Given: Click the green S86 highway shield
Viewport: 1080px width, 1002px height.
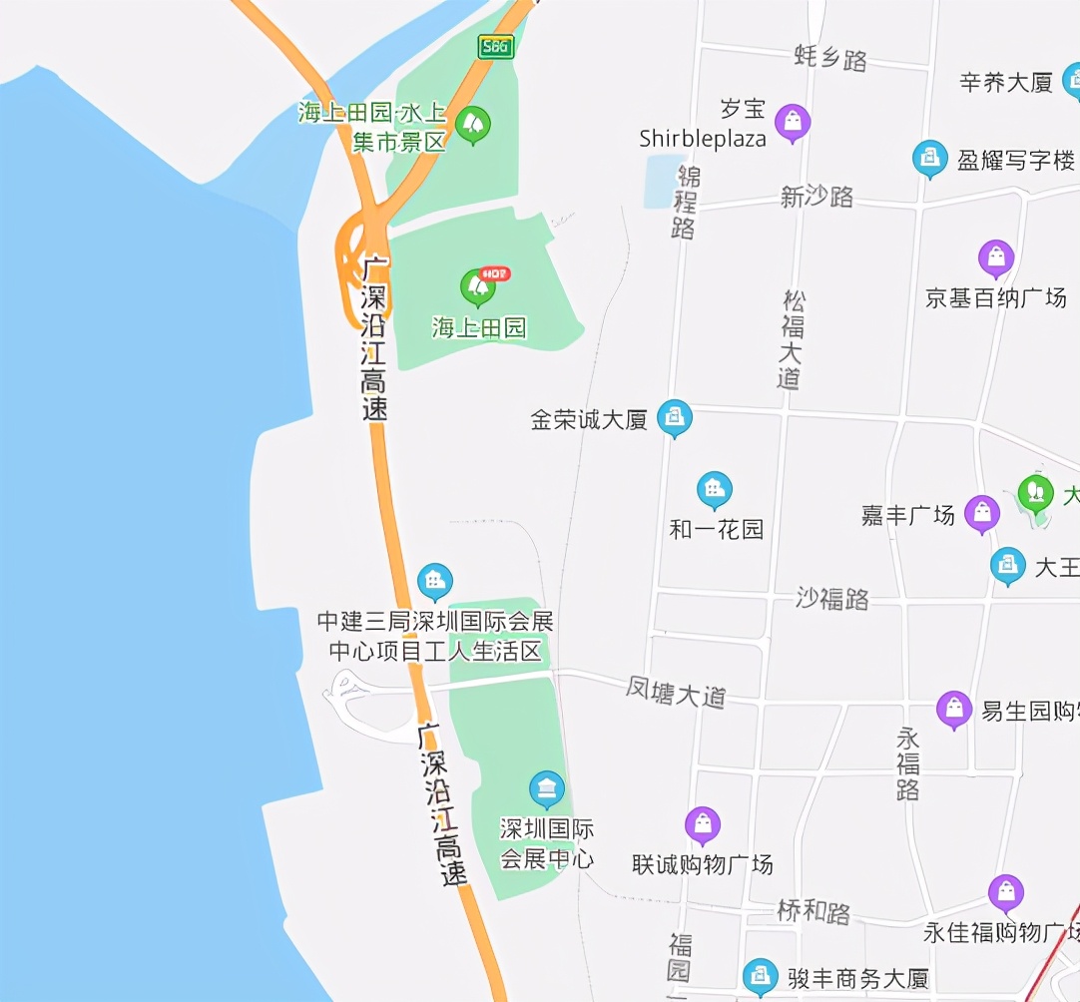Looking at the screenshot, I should pyautogui.click(x=495, y=46).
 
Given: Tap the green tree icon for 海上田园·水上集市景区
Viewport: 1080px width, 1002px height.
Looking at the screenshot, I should pyautogui.click(x=473, y=124).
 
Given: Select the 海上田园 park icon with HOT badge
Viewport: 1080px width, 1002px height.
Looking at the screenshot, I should pyautogui.click(x=479, y=286).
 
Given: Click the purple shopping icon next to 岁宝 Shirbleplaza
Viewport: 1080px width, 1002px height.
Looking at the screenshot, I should pyautogui.click(x=793, y=122).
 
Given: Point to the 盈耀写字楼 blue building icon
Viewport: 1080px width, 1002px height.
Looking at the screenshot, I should pyautogui.click(x=930, y=157).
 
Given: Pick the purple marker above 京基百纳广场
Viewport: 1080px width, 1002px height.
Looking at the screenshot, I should pyautogui.click(x=996, y=257).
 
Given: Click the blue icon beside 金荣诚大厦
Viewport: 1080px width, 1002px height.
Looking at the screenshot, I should pyautogui.click(x=675, y=417).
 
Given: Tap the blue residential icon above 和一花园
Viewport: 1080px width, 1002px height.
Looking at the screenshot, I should pyautogui.click(x=714, y=489).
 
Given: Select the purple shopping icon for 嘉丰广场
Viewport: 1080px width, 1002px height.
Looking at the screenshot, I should pyautogui.click(x=982, y=513).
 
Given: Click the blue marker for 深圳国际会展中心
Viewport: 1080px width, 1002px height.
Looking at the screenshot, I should pyautogui.click(x=546, y=789).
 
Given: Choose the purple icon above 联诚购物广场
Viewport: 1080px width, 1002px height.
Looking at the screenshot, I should pyautogui.click(x=703, y=824).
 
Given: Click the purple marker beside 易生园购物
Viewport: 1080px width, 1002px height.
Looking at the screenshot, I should pyautogui.click(x=954, y=709).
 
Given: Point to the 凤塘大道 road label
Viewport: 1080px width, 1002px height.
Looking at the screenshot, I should pyautogui.click(x=676, y=693).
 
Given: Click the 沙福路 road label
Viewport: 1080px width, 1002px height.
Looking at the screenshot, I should pyautogui.click(x=832, y=598).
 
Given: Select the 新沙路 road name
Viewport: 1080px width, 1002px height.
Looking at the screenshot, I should pyautogui.click(x=816, y=197).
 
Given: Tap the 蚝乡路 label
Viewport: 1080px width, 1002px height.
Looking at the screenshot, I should pyautogui.click(x=830, y=58).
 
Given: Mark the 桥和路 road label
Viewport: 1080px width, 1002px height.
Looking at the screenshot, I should pyautogui.click(x=813, y=911).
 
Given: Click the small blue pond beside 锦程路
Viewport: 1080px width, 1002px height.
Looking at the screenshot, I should pyautogui.click(x=662, y=181).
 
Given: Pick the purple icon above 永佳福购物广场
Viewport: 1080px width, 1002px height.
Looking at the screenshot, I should pyautogui.click(x=1006, y=892).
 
